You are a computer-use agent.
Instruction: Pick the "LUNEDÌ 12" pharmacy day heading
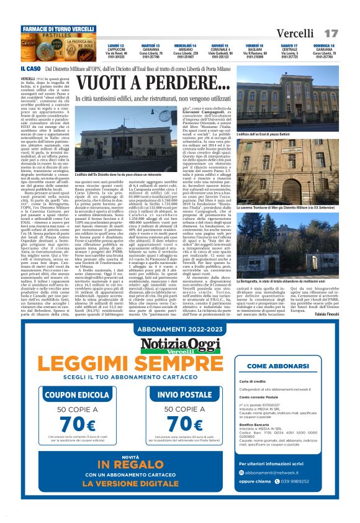tap(115, 46)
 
